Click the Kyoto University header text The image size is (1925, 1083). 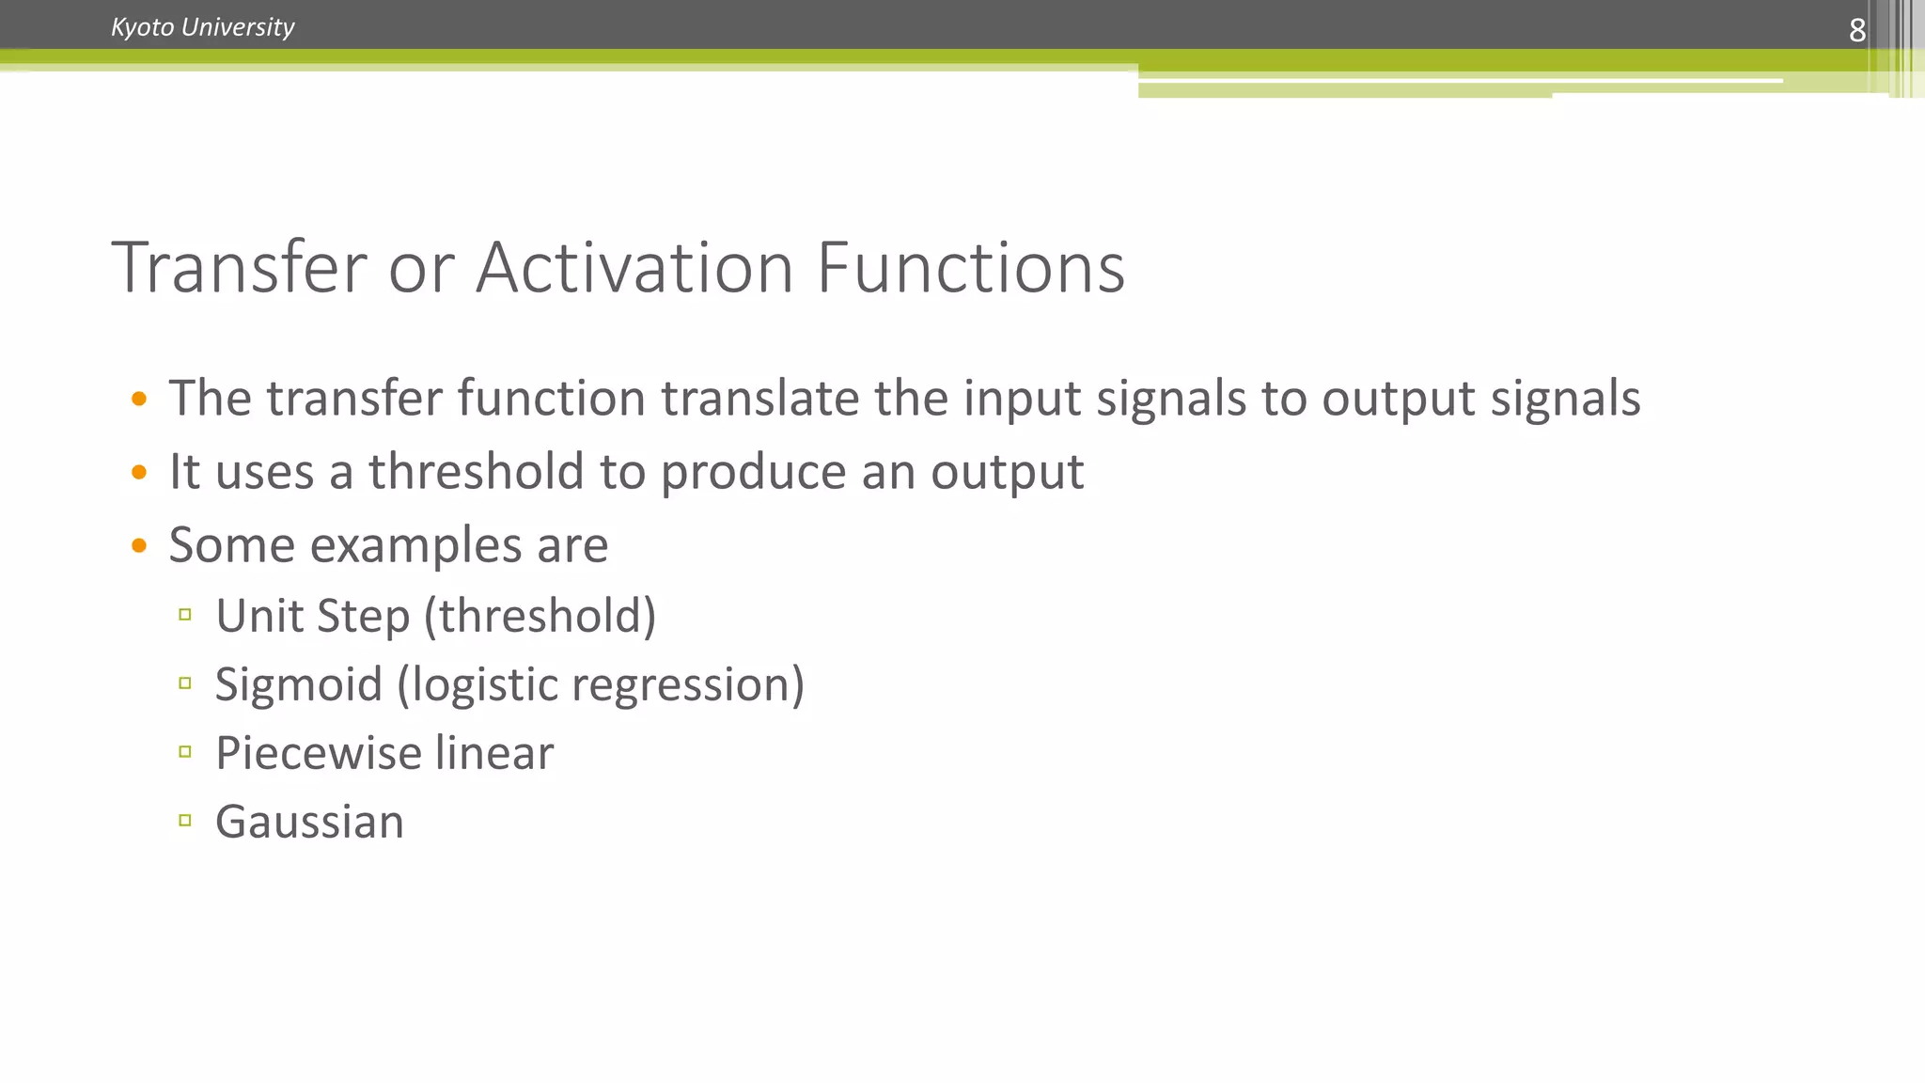(202, 27)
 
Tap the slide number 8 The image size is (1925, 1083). (1856, 30)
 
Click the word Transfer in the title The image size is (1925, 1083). (239, 268)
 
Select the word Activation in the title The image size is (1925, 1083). (634, 268)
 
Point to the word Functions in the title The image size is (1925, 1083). (970, 268)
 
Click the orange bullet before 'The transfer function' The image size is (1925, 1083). (139, 399)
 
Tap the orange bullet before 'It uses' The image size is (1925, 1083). (139, 472)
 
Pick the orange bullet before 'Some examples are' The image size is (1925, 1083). (139, 545)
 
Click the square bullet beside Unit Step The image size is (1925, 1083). (185, 615)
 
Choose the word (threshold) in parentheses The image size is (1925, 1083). (540, 617)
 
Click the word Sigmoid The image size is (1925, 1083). (298, 685)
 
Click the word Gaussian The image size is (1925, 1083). (309, 823)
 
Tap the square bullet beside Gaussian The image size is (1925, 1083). (185, 821)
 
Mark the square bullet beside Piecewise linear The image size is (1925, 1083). (185, 752)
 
